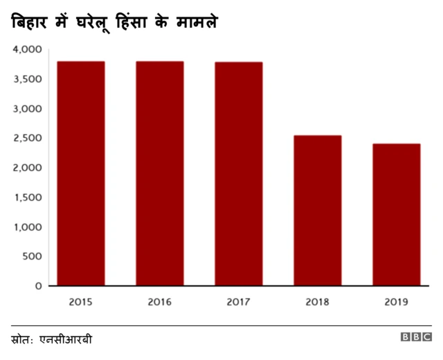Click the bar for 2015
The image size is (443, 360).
point(81,173)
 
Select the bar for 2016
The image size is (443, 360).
point(160,173)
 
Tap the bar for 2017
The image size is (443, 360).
point(239,173)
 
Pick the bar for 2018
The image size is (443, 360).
point(318,210)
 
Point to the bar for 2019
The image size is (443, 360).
point(397,215)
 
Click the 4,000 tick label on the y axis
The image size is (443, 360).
point(27,50)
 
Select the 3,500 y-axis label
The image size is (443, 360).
point(27,80)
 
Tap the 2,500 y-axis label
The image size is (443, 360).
point(27,138)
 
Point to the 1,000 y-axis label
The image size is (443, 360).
point(27,227)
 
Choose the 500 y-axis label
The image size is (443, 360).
point(31,256)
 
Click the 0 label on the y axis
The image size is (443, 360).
point(39,286)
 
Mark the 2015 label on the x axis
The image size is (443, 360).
point(81,302)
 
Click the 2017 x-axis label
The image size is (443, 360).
point(239,302)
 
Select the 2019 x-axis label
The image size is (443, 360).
point(397,302)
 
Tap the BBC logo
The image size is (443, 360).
point(416,338)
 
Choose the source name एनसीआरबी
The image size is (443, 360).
point(66,339)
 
